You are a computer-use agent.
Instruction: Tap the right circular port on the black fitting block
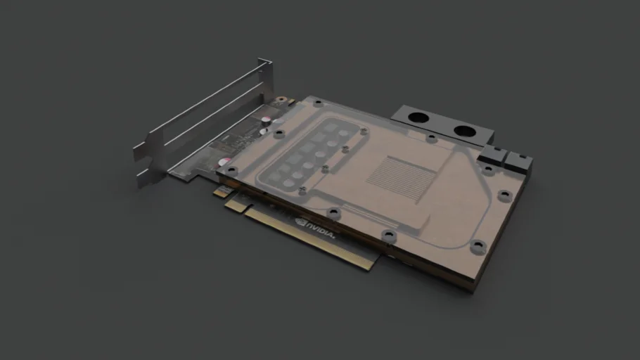click(464, 130)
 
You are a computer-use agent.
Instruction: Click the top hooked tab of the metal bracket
click(267, 64)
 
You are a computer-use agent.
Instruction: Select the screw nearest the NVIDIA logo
click(333, 212)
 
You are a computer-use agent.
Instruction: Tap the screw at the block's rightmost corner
click(504, 195)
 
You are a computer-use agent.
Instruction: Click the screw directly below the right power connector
click(487, 169)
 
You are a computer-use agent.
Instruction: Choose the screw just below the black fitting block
click(430, 139)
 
